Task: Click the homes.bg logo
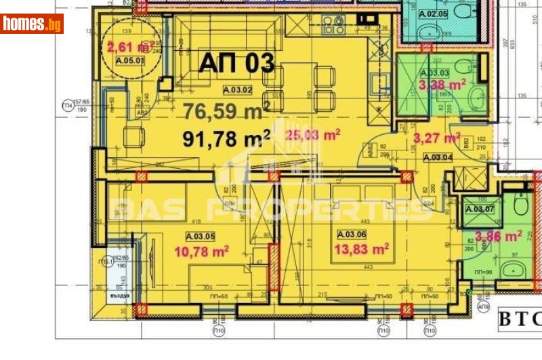coord(33,24)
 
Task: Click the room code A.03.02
coord(238,89)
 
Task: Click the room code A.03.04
coord(438,157)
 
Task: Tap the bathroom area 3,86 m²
coord(498,237)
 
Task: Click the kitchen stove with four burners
coord(333,26)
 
